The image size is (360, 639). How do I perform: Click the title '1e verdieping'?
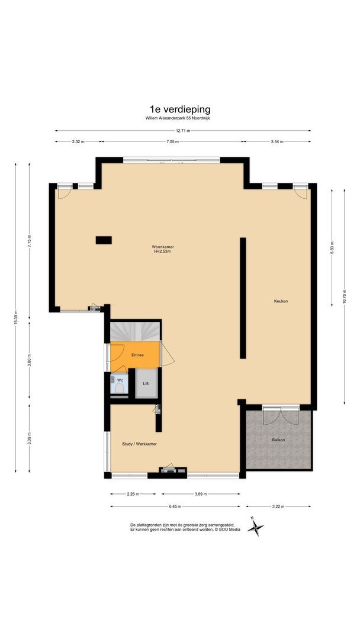coord(180,109)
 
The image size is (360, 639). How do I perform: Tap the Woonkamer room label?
coord(162,246)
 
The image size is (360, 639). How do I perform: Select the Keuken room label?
coord(281,301)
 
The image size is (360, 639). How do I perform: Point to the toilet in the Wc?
coord(119,388)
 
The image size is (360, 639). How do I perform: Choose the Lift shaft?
coord(146,383)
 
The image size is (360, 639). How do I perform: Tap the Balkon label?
coord(278,440)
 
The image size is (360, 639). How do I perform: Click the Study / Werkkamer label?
coord(139,443)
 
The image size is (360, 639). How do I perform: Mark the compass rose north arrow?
coord(255,526)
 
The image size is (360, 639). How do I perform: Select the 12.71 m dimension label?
coord(182,130)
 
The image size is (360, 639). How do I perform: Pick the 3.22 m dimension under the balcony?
coord(278,506)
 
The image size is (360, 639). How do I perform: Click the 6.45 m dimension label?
coord(175,506)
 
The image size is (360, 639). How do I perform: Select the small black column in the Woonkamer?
coord(104,240)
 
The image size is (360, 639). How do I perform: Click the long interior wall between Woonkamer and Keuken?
coord(242,298)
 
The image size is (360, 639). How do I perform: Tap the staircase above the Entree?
coord(135,331)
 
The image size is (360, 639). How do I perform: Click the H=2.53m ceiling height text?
coord(162,251)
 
